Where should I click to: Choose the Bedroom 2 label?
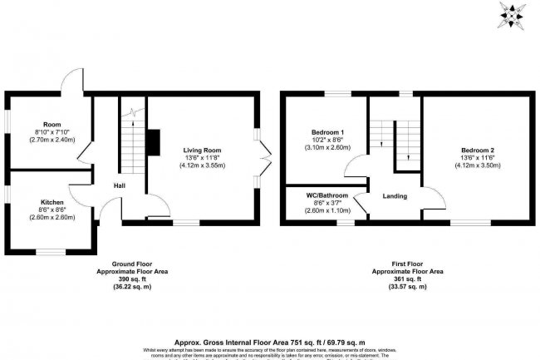[478, 150]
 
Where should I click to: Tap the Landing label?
[394, 196]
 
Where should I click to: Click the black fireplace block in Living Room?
[152, 143]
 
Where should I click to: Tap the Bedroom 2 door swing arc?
[432, 198]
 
